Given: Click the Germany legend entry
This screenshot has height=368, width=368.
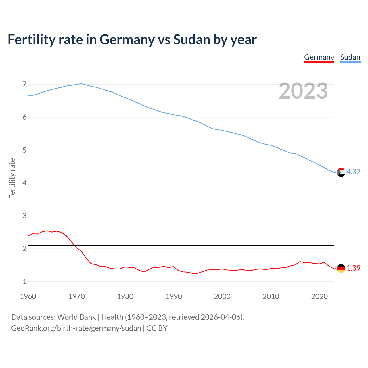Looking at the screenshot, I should (x=319, y=57).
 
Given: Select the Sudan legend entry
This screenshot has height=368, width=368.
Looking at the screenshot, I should (x=350, y=57).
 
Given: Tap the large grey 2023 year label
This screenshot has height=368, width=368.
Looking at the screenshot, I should (x=303, y=91).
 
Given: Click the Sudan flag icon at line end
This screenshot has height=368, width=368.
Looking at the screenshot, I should (x=341, y=172).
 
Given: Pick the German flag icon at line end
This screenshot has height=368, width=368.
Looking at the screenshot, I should (x=341, y=268).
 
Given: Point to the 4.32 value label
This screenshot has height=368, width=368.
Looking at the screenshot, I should (x=353, y=172).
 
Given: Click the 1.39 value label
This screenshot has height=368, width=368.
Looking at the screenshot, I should (x=353, y=268).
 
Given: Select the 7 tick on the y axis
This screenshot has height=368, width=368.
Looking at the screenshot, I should (x=24, y=84).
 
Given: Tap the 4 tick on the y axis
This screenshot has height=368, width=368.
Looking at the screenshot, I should (x=24, y=183).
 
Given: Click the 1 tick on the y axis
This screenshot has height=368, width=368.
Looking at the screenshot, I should (x=24, y=281).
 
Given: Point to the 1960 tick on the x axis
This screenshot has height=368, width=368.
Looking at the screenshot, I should (x=28, y=296).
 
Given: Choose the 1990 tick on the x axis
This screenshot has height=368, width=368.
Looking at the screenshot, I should (x=174, y=296).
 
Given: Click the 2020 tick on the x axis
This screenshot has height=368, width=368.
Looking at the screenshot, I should (x=319, y=296).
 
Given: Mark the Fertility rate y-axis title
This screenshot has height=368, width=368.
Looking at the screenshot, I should (x=12, y=178).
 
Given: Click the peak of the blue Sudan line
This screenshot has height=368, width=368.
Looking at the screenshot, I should (x=81, y=84).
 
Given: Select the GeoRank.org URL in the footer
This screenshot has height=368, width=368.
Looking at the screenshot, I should (x=76, y=328).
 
